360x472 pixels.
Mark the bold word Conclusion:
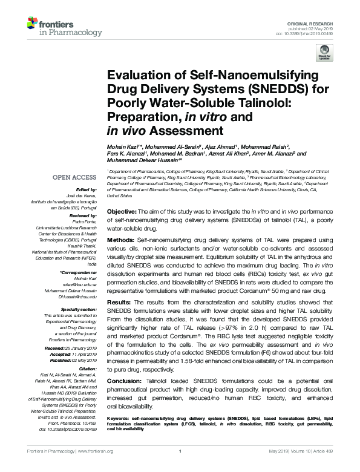pos(124,381)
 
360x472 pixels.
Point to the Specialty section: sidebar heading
pos(79,309)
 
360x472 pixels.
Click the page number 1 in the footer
pos(180,468)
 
